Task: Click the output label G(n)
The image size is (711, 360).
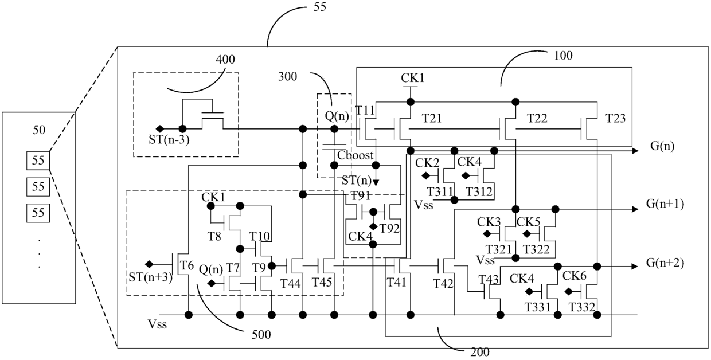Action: pyautogui.click(x=662, y=146)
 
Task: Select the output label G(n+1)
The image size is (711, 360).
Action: pyautogui.click(x=665, y=204)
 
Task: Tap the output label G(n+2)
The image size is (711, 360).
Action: pyautogui.click(x=665, y=263)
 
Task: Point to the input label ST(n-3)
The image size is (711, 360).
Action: pyautogui.click(x=169, y=140)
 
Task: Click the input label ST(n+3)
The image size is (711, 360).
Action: pyautogui.click(x=150, y=277)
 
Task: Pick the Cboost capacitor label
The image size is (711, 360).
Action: pyautogui.click(x=355, y=155)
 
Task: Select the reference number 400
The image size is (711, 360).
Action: pyautogui.click(x=225, y=60)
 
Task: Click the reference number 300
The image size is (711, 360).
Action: pyautogui.click(x=288, y=76)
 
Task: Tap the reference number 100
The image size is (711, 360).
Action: pyautogui.click(x=564, y=56)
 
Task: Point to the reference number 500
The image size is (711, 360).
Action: pyautogui.click(x=261, y=335)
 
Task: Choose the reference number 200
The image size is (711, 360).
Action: pyautogui.click(x=480, y=352)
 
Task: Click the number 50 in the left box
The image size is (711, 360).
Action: pyautogui.click(x=39, y=130)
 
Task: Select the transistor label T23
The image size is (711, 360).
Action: pyautogui.click(x=615, y=118)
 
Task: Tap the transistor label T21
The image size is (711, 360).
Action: pyautogui.click(x=432, y=118)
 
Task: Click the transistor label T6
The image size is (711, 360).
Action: pyautogui.click(x=187, y=265)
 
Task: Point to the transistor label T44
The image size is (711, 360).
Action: pyautogui.click(x=291, y=283)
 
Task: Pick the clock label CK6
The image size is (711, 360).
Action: pyautogui.click(x=575, y=276)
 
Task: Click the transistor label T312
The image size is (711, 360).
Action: pyautogui.click(x=479, y=191)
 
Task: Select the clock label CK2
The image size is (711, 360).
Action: pyautogui.click(x=427, y=163)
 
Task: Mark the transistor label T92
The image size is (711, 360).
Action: pyautogui.click(x=389, y=229)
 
